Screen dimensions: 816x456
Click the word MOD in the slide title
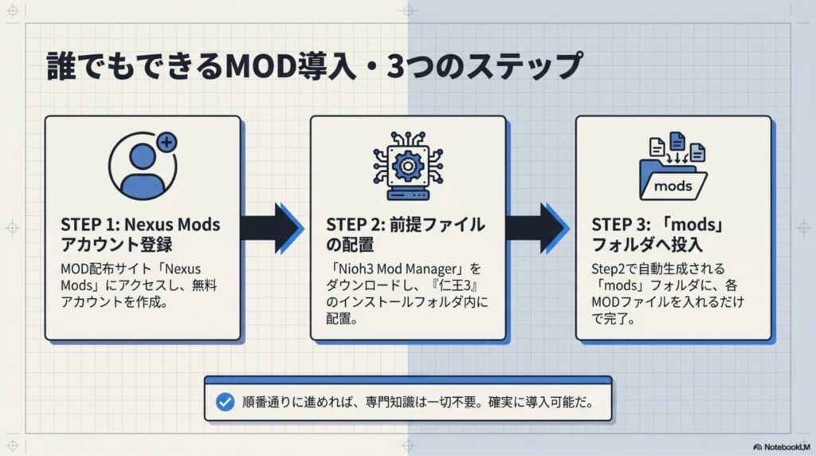pyautogui.click(x=261, y=66)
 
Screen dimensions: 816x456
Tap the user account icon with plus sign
pyautogui.click(x=143, y=166)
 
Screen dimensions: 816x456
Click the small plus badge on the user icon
pyautogui.click(x=167, y=142)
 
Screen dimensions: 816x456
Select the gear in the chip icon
pyautogui.click(x=407, y=166)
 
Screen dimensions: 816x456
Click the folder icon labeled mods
pyautogui.click(x=673, y=180)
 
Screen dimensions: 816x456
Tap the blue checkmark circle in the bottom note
pyautogui.click(x=225, y=402)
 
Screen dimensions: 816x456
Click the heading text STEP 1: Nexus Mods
pyautogui.click(x=140, y=225)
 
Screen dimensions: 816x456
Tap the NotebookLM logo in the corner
pyautogui.click(x=782, y=447)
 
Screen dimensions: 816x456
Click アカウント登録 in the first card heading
pyautogui.click(x=116, y=245)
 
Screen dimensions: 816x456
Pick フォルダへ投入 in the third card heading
pyautogui.click(x=647, y=245)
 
